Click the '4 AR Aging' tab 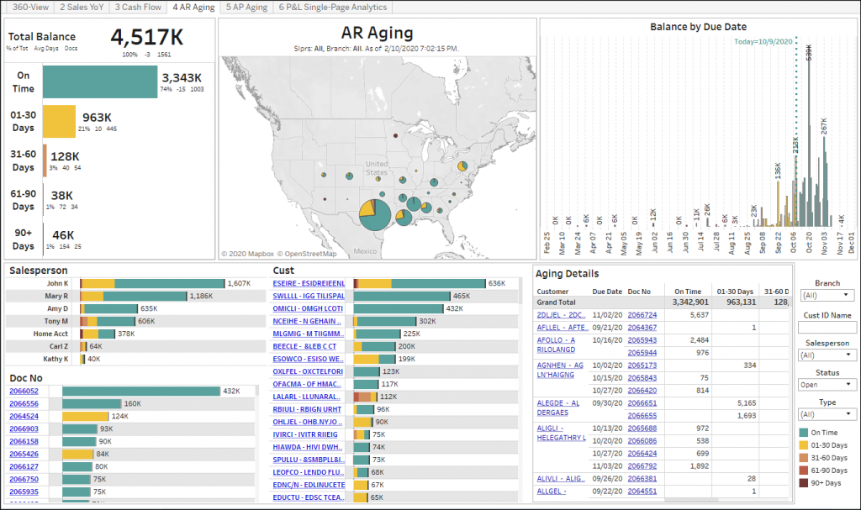click(x=193, y=7)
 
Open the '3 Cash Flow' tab click(x=139, y=7)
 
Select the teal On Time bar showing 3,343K click(x=99, y=82)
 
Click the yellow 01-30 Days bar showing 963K click(x=59, y=121)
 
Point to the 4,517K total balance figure click(x=147, y=37)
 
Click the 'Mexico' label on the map click(x=365, y=251)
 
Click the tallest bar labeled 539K click(x=809, y=143)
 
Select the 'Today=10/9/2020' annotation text click(x=763, y=41)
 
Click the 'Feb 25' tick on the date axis click(x=547, y=242)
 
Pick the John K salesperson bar click(x=152, y=284)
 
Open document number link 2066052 click(x=24, y=392)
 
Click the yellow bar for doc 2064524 click(x=85, y=416)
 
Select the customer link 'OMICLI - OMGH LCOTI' click(x=308, y=308)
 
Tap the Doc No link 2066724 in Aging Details click(x=642, y=314)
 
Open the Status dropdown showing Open click(x=827, y=385)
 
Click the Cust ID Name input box click(x=827, y=327)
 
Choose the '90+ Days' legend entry click(x=825, y=482)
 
